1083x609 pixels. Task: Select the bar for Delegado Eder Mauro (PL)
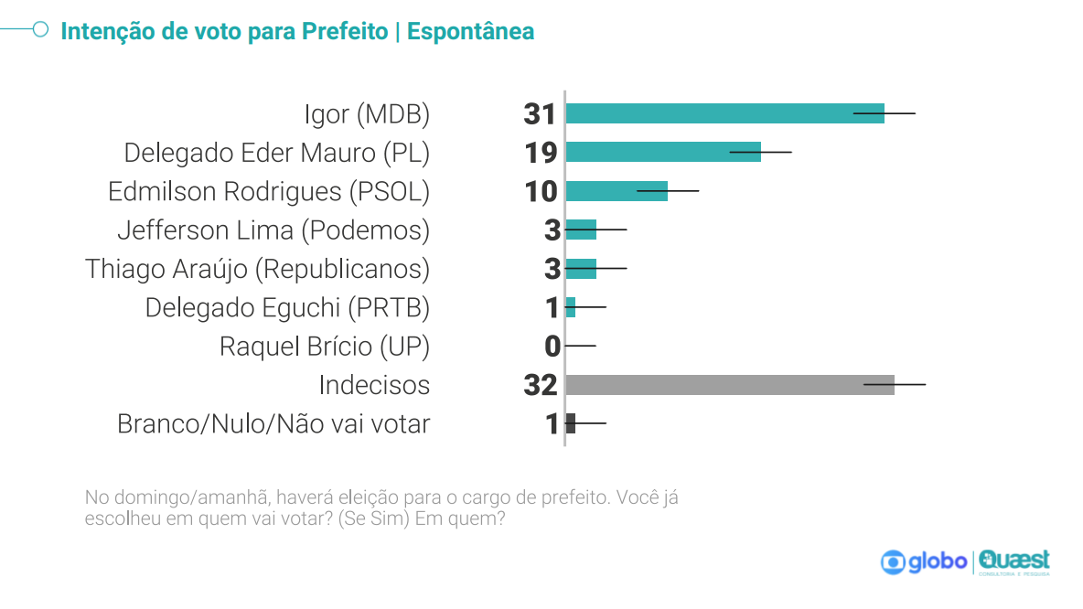click(x=663, y=152)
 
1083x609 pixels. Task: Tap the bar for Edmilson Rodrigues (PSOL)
click(x=616, y=191)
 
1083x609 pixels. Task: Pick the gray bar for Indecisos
click(x=729, y=385)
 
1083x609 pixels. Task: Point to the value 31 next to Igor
click(x=540, y=114)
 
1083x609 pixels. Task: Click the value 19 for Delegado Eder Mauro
click(x=541, y=153)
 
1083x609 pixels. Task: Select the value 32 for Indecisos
click(x=541, y=385)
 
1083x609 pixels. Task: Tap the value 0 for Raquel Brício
click(x=552, y=347)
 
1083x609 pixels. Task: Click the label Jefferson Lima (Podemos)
click(x=273, y=230)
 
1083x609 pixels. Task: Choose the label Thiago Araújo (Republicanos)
click(x=257, y=269)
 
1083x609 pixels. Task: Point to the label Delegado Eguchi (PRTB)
click(x=287, y=308)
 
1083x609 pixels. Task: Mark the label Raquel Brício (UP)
click(x=324, y=347)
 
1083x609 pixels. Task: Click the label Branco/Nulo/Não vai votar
click(x=273, y=424)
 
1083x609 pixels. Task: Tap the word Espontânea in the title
click(x=470, y=31)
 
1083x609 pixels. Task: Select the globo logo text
click(x=937, y=561)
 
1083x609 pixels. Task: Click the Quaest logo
click(x=1014, y=561)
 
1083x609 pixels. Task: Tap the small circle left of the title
click(x=40, y=29)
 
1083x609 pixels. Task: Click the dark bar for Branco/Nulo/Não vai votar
click(x=571, y=423)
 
